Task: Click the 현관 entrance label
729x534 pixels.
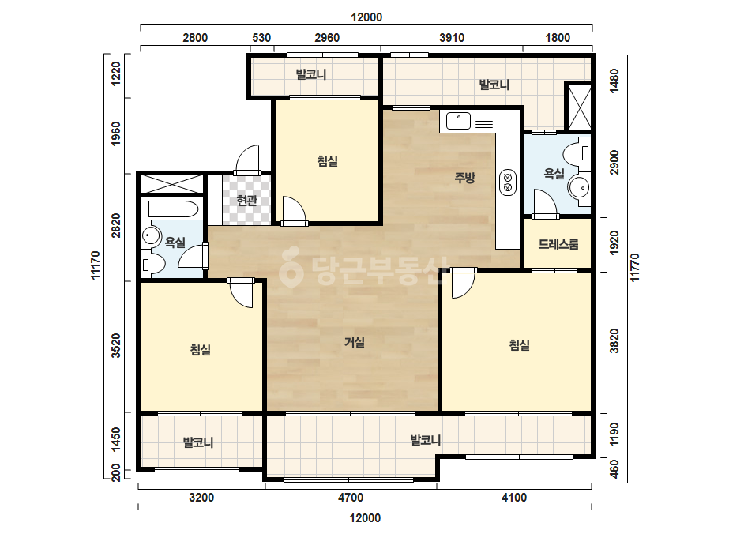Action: pos(246,201)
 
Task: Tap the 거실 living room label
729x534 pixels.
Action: pos(355,342)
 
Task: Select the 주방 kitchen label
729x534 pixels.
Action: pos(465,177)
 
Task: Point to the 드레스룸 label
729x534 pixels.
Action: pos(558,244)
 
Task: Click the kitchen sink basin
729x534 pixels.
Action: pos(458,121)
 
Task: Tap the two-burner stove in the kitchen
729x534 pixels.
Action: pos(508,182)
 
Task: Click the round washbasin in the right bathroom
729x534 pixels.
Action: pos(579,188)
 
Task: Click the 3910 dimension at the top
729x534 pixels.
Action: pos(452,38)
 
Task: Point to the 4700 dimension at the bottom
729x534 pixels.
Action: pos(351,497)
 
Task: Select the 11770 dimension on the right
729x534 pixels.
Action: pos(634,268)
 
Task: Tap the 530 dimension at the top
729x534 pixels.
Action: pos(261,38)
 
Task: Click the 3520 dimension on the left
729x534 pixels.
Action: pos(116,346)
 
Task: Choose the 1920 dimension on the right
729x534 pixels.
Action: pos(614,243)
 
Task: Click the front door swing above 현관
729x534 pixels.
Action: pos(247,160)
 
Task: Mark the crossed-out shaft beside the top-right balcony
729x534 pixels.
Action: pos(579,106)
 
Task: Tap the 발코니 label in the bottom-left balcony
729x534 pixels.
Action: pos(198,442)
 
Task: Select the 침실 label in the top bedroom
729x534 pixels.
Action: pos(327,161)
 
